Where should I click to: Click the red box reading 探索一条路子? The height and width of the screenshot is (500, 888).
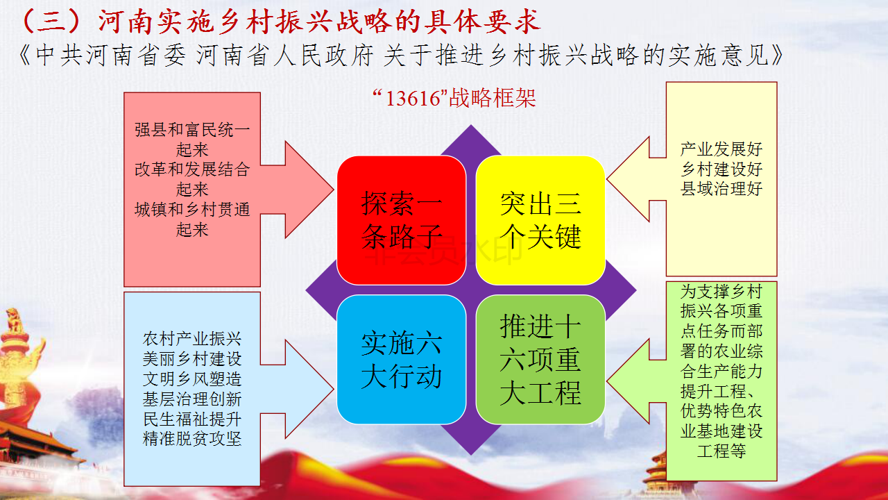401,220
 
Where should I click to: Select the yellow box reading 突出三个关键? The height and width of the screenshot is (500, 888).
540,220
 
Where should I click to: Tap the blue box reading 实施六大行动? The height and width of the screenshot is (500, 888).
401,360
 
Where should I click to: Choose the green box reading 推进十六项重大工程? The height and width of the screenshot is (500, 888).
540,360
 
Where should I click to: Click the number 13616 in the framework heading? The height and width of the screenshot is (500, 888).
413,99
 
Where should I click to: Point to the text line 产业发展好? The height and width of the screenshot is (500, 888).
721,149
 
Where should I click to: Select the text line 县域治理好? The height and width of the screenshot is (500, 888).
721,189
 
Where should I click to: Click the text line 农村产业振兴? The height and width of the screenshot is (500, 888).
192,339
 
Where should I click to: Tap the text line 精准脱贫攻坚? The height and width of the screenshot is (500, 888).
192,439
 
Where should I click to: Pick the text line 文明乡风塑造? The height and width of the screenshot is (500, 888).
192,379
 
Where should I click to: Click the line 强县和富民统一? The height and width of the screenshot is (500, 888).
192,130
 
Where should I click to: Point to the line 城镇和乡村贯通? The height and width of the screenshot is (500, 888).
192,210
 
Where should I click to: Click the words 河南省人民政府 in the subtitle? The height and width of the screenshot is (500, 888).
284,56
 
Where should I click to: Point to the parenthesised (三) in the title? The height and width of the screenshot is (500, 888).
51,22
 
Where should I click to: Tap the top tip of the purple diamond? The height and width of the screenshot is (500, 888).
471,126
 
